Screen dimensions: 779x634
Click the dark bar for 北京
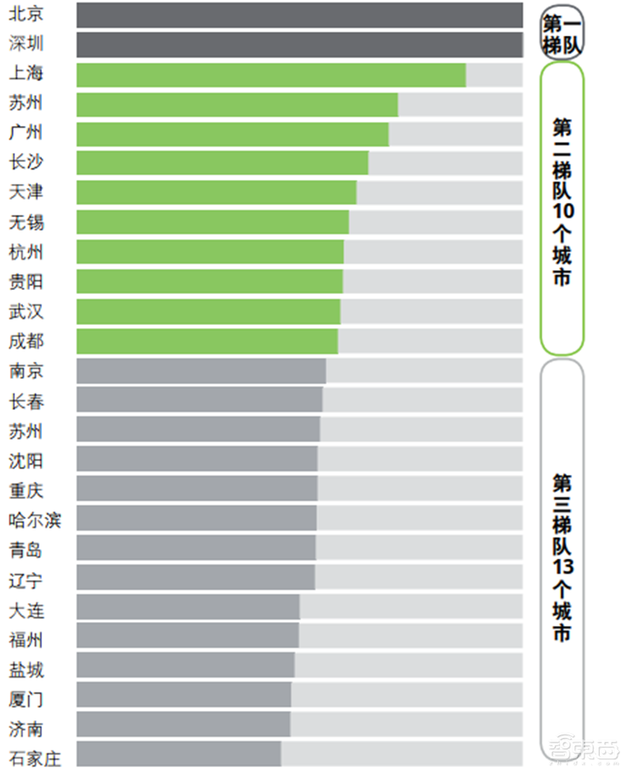[300, 15]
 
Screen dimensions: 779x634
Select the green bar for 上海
[271, 74]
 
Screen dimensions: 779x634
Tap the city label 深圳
[26, 44]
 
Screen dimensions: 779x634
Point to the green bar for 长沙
[223, 163]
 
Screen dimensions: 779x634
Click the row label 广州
[26, 133]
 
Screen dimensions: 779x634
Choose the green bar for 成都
[207, 342]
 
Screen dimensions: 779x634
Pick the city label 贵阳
[26, 282]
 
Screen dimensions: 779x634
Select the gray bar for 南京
[201, 371]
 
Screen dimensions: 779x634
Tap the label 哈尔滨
[35, 521]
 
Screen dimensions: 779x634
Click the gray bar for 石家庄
[179, 754]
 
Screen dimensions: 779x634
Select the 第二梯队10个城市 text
[562, 202]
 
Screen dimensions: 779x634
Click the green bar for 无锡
[212, 223]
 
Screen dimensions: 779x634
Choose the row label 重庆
[26, 491]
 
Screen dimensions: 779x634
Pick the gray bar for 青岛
[196, 548]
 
